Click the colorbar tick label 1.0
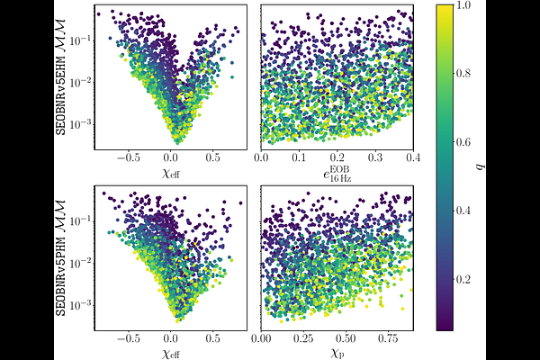[465, 5]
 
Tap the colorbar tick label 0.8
[465, 74]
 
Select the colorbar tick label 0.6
[465, 142]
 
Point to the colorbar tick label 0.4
[465, 211]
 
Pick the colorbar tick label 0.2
[465, 280]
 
